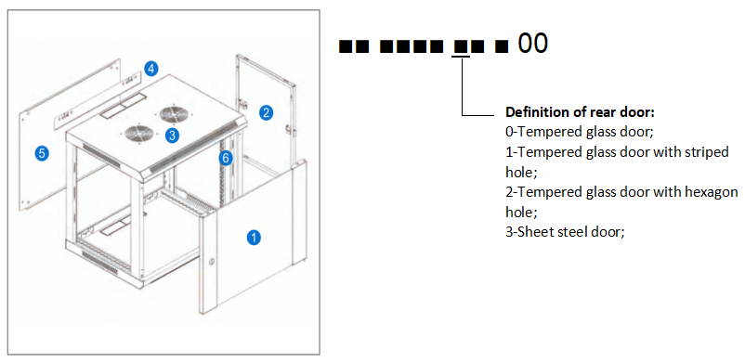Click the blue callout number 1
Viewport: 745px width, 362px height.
coord(255,237)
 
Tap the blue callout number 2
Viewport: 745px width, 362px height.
coord(266,112)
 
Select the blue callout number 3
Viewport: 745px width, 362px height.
coord(172,135)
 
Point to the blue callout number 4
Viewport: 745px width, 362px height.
coord(150,69)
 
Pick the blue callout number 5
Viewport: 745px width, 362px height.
coord(43,153)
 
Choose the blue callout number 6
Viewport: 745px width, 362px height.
coord(226,158)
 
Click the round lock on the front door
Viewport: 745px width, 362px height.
coord(212,261)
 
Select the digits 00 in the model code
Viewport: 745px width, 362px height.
coord(532,44)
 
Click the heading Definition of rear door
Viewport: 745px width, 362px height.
coord(581,112)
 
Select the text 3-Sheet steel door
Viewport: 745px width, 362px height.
coord(565,232)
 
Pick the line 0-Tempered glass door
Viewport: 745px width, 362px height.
coord(580,132)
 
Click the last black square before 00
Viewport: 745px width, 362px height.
coord(502,46)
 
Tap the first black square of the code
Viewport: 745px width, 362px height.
coord(345,46)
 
